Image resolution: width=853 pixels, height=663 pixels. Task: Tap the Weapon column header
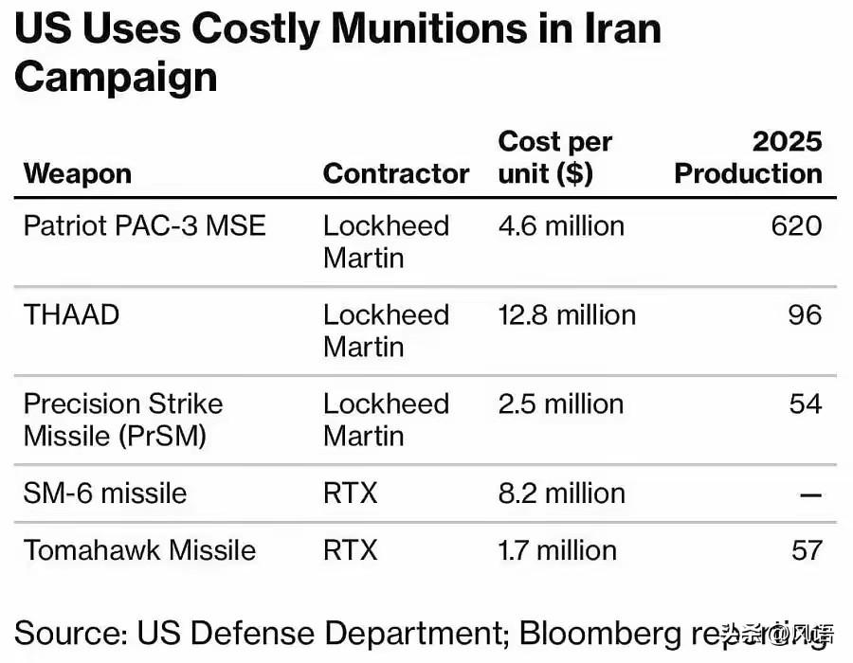click(x=78, y=174)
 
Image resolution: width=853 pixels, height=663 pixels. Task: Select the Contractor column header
click(x=396, y=174)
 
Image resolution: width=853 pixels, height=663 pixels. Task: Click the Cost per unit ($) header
click(x=555, y=158)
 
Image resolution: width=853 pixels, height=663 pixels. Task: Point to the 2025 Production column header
click(x=749, y=158)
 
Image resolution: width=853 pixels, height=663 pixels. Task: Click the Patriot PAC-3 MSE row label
click(x=145, y=226)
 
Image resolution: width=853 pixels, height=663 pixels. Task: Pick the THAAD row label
click(x=72, y=314)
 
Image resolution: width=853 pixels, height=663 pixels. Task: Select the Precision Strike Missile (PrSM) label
click(x=123, y=420)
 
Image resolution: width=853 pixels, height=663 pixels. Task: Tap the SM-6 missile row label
click(x=105, y=493)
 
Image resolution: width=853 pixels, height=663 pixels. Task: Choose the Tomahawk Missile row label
click(x=140, y=550)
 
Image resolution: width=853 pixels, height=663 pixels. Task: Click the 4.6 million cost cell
click(x=561, y=226)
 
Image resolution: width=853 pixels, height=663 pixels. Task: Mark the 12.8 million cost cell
click(x=567, y=314)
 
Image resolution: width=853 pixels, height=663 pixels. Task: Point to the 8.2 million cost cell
click(x=561, y=493)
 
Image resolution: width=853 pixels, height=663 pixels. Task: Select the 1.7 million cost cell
click(x=557, y=550)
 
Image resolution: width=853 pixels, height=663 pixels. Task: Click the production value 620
click(x=796, y=226)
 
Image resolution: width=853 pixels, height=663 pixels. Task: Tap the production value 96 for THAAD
click(x=805, y=314)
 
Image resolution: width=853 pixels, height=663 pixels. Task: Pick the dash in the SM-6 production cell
click(x=809, y=494)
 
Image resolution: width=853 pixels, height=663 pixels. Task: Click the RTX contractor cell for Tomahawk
click(x=351, y=550)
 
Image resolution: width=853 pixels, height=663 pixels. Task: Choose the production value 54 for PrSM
click(x=806, y=403)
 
